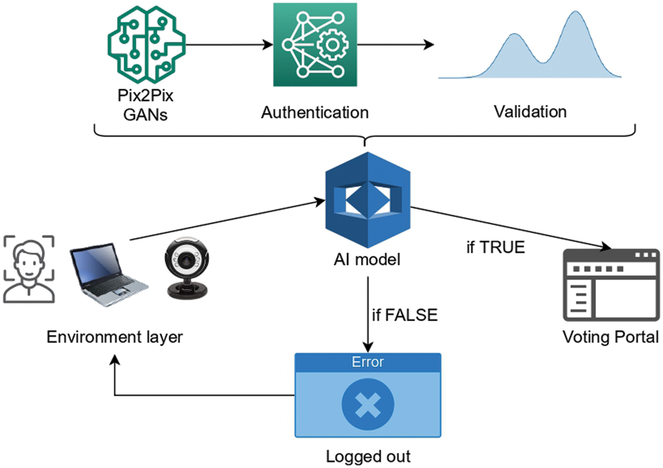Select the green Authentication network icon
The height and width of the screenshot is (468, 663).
click(315, 45)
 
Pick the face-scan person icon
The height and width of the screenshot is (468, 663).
click(29, 269)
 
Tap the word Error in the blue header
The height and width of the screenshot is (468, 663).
click(368, 363)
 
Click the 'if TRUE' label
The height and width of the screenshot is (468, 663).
click(495, 247)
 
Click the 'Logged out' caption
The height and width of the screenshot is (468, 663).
click(368, 456)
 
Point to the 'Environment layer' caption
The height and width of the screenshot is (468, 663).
click(115, 337)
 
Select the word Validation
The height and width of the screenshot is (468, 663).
click(530, 112)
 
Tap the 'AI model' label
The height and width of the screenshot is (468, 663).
click(367, 260)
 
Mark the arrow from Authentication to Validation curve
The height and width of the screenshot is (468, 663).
click(395, 45)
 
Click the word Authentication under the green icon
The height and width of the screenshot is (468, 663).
click(315, 112)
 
